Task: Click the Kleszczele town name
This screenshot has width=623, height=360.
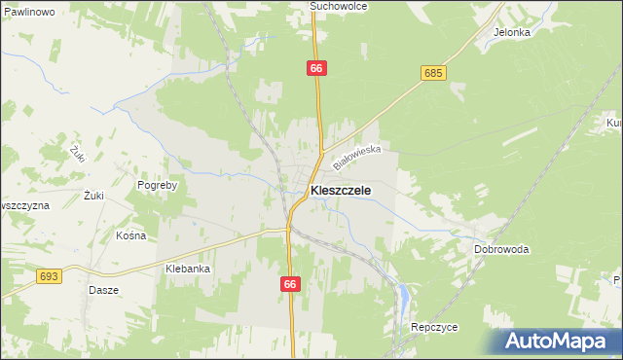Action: coord(340,191)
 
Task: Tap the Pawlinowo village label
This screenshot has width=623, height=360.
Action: coord(27,11)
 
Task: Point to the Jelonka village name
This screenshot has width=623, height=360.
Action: coord(511,31)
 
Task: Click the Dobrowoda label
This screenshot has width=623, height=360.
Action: coord(501,249)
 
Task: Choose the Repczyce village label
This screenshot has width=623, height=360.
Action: coord(434,328)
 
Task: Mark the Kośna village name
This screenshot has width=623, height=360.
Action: coord(130,235)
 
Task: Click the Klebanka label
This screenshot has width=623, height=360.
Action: coord(188,269)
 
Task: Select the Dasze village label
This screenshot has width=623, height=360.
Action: coord(103,290)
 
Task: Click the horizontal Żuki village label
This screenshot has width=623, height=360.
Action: coord(93,196)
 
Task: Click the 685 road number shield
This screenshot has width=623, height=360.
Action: coord(434,73)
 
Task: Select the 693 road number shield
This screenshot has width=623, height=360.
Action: coord(50,276)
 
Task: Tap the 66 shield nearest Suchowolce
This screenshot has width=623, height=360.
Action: coord(316,68)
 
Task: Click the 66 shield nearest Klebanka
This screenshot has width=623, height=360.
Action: coord(290,284)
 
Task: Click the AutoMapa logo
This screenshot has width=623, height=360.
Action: coord(557,342)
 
